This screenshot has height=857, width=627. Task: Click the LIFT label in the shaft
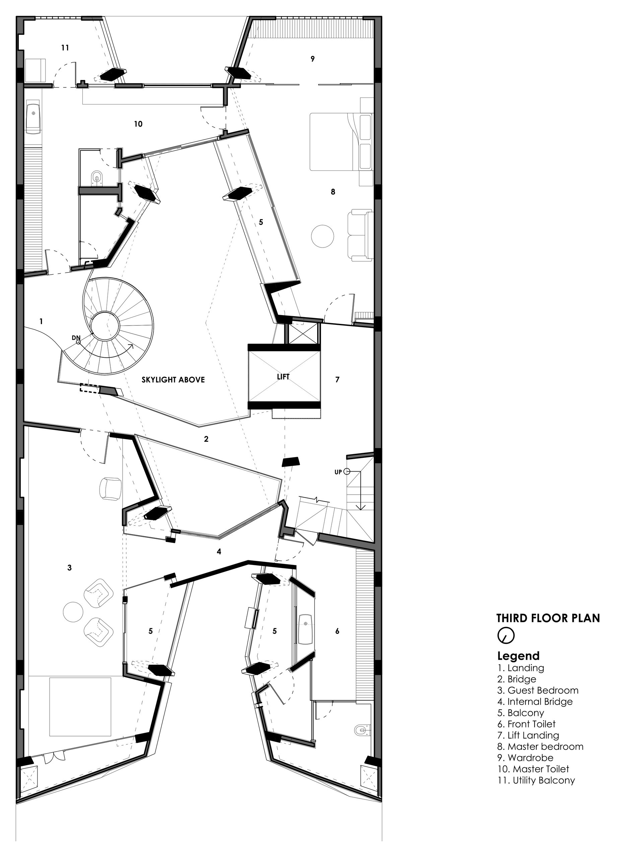283,377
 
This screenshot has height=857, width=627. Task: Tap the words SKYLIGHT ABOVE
173,379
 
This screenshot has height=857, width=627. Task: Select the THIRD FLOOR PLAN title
548,618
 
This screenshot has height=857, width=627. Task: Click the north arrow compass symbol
506,635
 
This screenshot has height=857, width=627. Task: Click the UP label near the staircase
338,472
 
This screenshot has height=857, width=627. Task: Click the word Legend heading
518,656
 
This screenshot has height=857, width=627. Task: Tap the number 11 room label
65,48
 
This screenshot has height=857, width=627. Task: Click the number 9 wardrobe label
312,59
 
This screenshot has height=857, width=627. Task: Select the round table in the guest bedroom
72,612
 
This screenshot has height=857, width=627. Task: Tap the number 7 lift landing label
337,379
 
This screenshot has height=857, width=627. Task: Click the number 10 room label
138,124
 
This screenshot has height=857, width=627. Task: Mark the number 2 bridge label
206,439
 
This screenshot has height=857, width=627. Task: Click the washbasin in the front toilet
305,629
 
